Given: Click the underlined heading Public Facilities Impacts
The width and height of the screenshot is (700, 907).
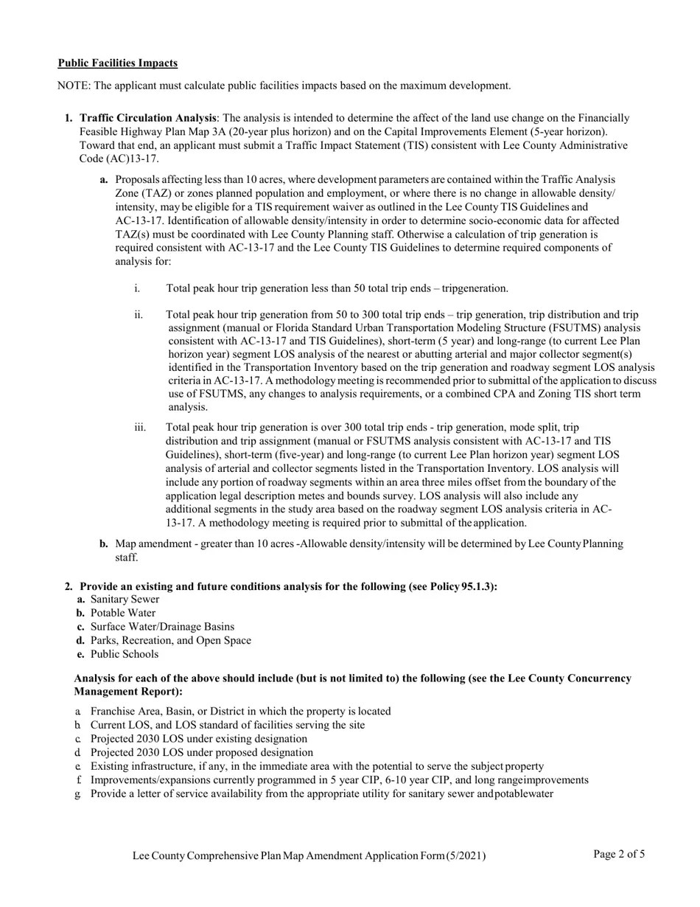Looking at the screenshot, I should pyautogui.click(x=118, y=63).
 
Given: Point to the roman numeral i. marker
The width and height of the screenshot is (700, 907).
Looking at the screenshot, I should pyautogui.click(x=138, y=288).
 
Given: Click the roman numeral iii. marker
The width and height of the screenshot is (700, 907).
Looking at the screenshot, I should pyautogui.click(x=140, y=428).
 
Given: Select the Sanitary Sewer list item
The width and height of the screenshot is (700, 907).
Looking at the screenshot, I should pyautogui.click(x=125, y=600).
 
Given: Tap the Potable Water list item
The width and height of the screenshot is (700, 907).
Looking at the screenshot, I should pyautogui.click(x=123, y=614).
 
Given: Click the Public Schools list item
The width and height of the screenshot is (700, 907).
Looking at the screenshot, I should pyautogui.click(x=125, y=654).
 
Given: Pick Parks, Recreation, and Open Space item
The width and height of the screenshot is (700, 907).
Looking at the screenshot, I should pyautogui.click(x=170, y=641).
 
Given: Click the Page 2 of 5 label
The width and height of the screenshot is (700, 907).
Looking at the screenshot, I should pyautogui.click(x=619, y=855).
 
